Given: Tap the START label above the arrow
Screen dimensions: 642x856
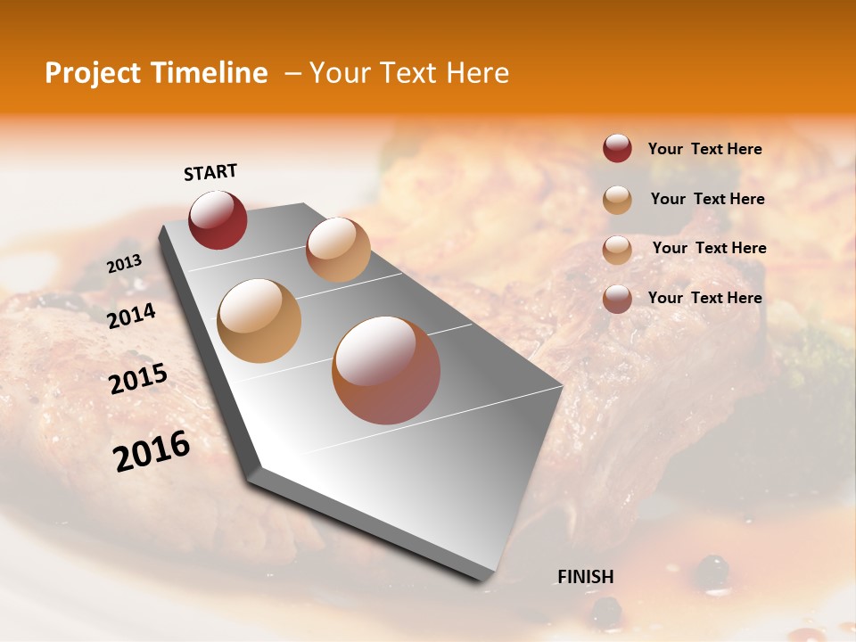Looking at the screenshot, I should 210,172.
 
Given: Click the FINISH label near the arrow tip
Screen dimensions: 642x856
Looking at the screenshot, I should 585,577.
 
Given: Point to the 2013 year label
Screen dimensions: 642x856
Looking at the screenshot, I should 124,264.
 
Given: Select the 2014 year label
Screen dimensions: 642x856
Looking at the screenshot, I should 131,316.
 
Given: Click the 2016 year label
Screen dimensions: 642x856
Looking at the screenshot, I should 152,451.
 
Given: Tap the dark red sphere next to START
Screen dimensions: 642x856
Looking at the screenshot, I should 218,219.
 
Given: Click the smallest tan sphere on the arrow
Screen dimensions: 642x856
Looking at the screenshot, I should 338,250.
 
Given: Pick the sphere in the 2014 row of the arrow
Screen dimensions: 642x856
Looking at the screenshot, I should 259,320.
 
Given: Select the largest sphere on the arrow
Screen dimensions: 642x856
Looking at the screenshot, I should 386,370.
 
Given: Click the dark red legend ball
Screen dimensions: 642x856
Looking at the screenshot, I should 617,148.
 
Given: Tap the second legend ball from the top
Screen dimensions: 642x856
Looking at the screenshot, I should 617,199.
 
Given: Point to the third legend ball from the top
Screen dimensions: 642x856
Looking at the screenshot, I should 617,249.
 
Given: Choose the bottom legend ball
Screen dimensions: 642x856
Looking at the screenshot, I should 617,299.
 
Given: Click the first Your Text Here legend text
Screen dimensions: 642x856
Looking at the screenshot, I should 704,149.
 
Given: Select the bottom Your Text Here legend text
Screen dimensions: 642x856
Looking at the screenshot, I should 704,298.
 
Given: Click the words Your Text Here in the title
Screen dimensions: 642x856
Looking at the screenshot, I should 408,73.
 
